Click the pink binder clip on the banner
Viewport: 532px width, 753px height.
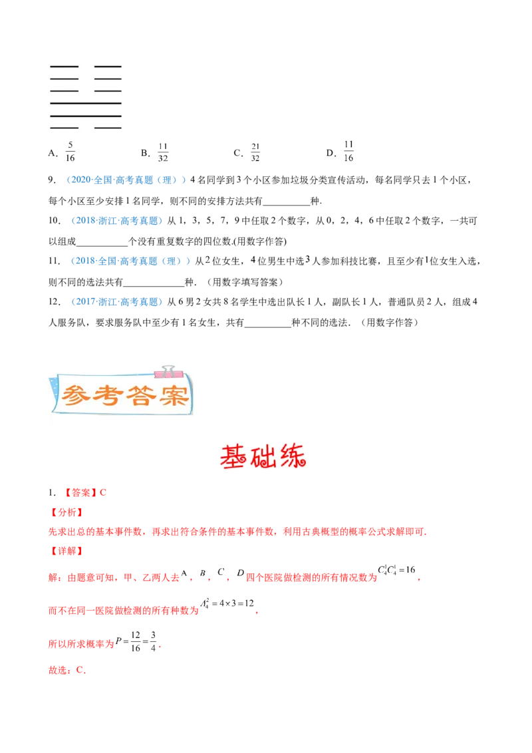tap(164, 371)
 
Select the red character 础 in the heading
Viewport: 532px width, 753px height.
tap(265, 456)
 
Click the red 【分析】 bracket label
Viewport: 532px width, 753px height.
tap(66, 513)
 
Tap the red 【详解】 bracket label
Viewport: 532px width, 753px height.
tap(66, 551)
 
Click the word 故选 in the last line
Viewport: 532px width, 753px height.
tap(57, 671)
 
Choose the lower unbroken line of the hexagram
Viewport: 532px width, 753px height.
tap(85, 116)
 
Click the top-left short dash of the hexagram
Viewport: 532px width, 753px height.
tap(65, 67)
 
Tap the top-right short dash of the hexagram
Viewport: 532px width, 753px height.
tap(108, 67)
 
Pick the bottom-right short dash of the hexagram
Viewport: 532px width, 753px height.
tap(108, 126)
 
